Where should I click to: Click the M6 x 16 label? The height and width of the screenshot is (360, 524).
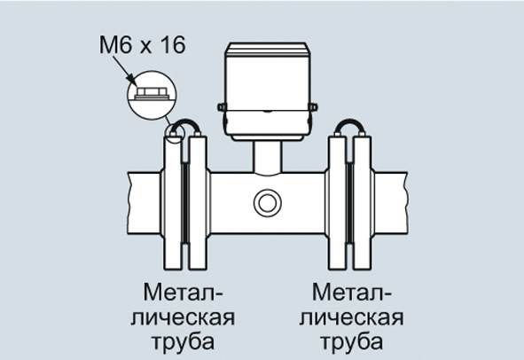click(x=142, y=45)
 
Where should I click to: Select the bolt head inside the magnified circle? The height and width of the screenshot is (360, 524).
click(x=152, y=91)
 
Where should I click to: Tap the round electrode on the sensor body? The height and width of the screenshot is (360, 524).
click(x=268, y=202)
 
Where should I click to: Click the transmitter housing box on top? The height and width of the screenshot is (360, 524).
click(x=266, y=91)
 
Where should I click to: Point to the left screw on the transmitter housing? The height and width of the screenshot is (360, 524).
click(x=222, y=107)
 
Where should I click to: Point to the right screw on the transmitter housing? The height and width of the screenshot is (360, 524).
click(x=313, y=107)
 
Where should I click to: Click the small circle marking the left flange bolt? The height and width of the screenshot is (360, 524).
click(x=176, y=133)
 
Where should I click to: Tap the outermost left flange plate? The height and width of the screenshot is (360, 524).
click(x=173, y=202)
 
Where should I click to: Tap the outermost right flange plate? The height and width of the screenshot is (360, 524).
click(x=363, y=202)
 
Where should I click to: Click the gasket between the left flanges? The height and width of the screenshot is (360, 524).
click(x=185, y=202)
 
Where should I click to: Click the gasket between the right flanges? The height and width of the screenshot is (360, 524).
click(x=350, y=202)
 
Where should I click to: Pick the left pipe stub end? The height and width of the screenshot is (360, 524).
click(x=145, y=202)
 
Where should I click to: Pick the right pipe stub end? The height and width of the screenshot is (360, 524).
click(x=390, y=202)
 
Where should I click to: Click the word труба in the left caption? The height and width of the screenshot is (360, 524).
click(x=184, y=342)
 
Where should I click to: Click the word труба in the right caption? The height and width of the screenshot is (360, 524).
click(x=352, y=342)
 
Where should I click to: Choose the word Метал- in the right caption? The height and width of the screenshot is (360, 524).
click(x=352, y=292)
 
